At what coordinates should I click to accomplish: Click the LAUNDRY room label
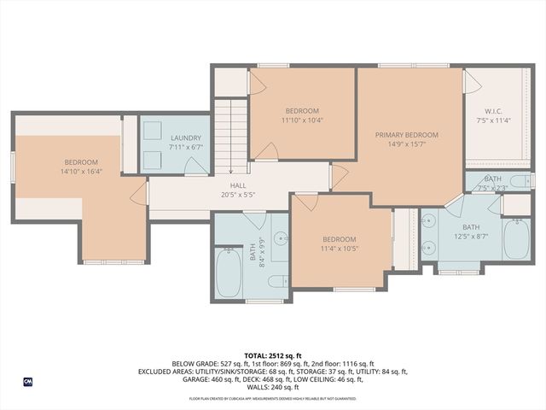pyautogui.click(x=185, y=138)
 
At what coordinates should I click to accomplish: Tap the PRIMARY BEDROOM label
pyautogui.click(x=407, y=135)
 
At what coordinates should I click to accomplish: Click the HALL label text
pyautogui.click(x=238, y=185)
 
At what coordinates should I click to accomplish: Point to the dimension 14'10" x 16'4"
pyautogui.click(x=81, y=172)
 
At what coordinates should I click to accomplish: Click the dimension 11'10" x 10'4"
pyautogui.click(x=302, y=120)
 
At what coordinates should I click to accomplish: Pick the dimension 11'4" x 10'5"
pyautogui.click(x=339, y=249)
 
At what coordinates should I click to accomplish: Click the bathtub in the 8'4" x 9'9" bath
pyautogui.click(x=229, y=272)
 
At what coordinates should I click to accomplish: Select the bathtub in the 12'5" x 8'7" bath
pyautogui.click(x=516, y=239)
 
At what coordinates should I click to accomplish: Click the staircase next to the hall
pyautogui.click(x=229, y=132)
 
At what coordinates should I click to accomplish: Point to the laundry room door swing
pyautogui.click(x=195, y=166)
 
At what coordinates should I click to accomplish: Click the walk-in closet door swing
pyautogui.click(x=472, y=82)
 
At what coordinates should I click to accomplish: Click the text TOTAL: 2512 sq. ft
pyautogui.click(x=272, y=355)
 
